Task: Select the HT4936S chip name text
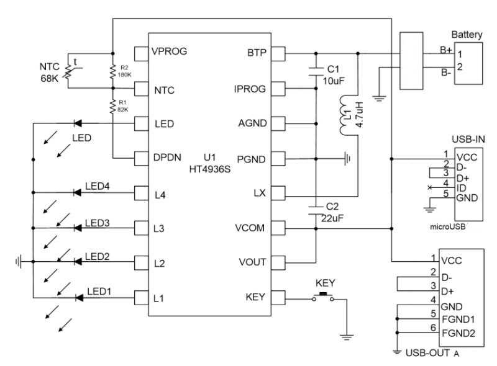pos(211,170)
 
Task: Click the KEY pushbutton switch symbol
pos(324,297)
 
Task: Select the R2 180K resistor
pos(112,71)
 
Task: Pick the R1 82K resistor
pos(112,107)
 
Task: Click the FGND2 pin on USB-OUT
pos(458,333)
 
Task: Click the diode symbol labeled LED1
pos(78,298)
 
